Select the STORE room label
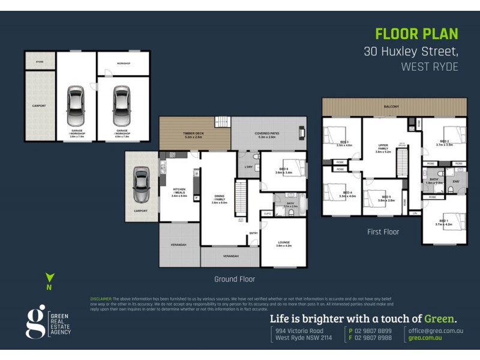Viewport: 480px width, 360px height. coord(40,61)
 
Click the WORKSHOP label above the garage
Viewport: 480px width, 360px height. coord(124,63)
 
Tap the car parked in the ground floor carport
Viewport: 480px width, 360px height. coord(140,186)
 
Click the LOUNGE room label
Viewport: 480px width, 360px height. coord(283,242)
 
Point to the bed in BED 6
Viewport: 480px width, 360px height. coord(296,167)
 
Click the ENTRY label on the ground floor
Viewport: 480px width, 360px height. coord(253,233)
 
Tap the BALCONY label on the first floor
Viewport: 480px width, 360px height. coord(392,107)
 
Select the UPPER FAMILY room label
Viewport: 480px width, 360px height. coord(383,148)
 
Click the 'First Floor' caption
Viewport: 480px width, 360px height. coord(383,232)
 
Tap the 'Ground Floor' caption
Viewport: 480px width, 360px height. coord(235,279)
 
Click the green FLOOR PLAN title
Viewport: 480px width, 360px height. coord(416,34)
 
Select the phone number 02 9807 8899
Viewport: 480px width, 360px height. coord(374,331)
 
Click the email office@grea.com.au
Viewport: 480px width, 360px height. coord(436,331)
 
